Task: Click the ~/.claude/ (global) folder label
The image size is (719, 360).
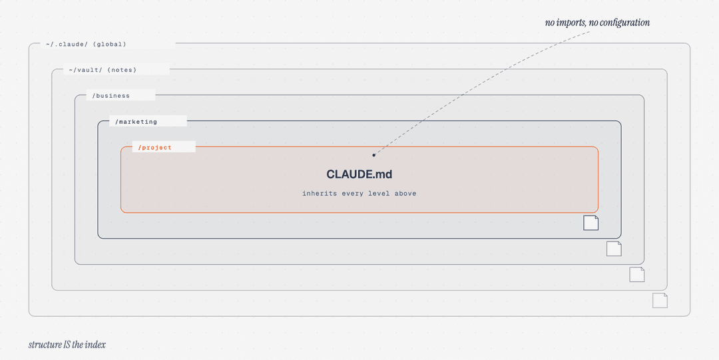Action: click(86, 45)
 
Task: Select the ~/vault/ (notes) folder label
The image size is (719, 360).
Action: click(103, 70)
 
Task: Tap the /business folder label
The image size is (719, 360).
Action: click(111, 96)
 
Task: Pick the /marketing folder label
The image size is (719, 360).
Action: click(136, 122)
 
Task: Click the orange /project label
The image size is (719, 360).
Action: click(154, 148)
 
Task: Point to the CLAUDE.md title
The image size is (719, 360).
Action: click(359, 174)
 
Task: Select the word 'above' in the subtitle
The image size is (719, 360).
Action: click(405, 194)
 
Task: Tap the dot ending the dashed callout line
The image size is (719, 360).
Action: click(373, 155)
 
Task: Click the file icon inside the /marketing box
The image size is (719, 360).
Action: click(591, 223)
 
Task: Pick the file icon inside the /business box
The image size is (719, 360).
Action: click(614, 249)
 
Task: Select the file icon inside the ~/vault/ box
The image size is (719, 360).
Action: click(637, 275)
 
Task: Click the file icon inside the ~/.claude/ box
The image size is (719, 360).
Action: click(660, 300)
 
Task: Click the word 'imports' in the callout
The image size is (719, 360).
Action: click(571, 23)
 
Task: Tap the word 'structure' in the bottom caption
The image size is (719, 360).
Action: click(45, 345)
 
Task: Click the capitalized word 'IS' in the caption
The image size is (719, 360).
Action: click(67, 345)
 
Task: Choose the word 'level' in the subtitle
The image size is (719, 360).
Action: click(379, 194)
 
